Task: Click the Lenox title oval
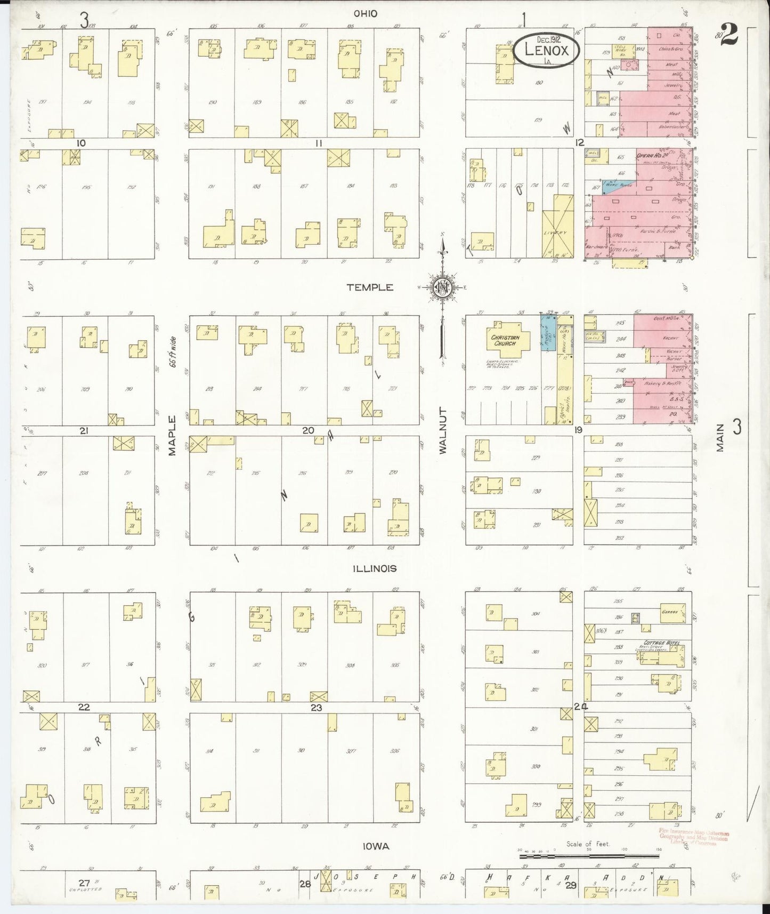[547, 50]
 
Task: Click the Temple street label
[369, 287]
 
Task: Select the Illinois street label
[375, 568]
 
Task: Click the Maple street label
[172, 435]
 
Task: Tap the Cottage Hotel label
[660, 643]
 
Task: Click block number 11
[319, 143]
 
